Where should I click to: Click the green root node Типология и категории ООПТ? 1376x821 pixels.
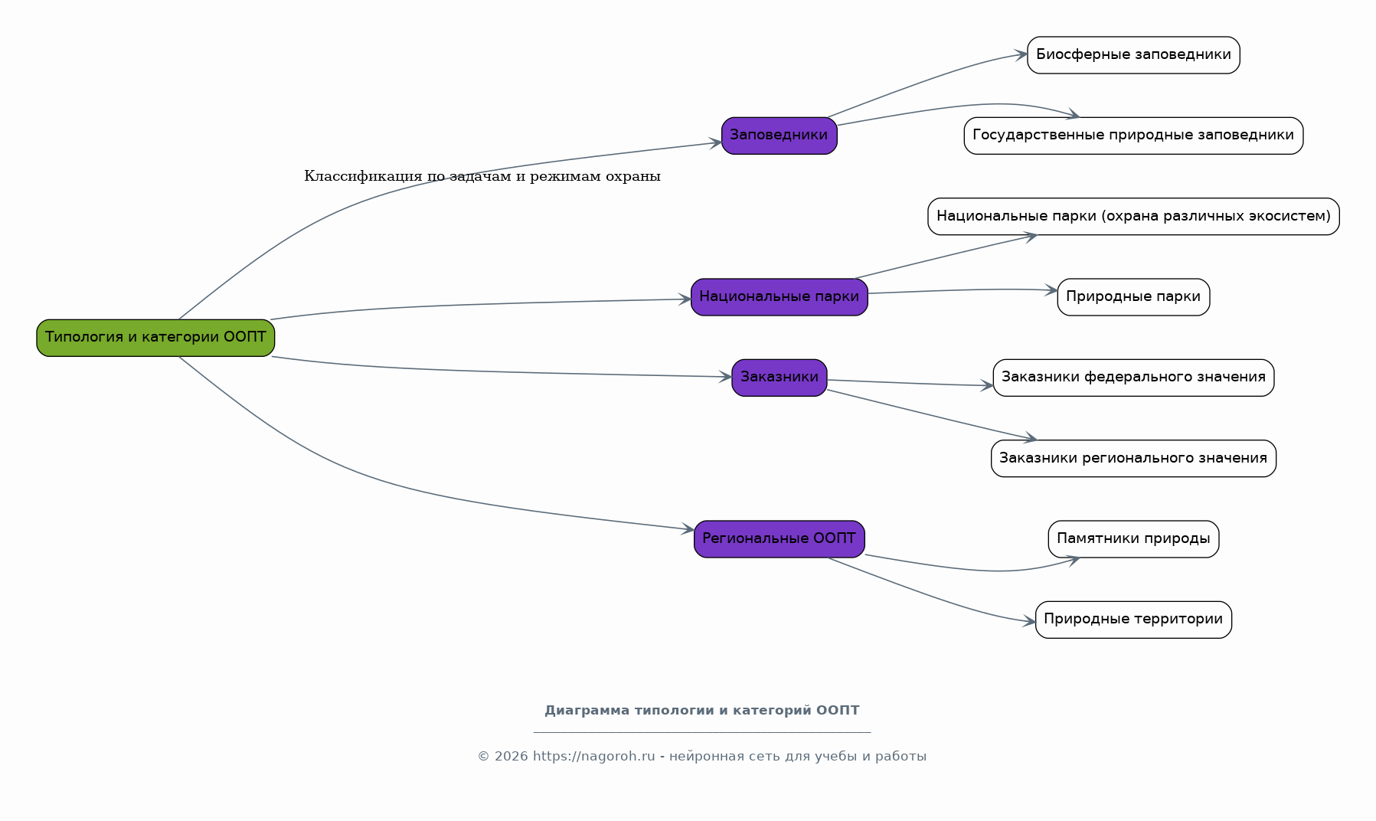tap(155, 338)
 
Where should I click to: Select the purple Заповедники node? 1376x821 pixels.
tap(779, 136)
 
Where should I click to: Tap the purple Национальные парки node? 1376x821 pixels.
tap(779, 297)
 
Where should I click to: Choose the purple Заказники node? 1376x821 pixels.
tap(779, 378)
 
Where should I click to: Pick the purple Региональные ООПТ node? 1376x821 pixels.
tap(779, 539)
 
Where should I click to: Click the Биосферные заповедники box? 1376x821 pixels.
tap(1133, 55)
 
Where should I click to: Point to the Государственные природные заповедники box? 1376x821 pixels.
tap(1133, 136)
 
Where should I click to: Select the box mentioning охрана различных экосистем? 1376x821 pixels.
tap(1133, 217)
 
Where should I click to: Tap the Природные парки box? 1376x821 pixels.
tap(1133, 297)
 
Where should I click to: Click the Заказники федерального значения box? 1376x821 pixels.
tap(1133, 378)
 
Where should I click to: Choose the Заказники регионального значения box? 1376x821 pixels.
tap(1133, 459)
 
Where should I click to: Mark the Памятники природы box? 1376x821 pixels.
tap(1133, 539)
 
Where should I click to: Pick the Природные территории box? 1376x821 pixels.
tap(1133, 620)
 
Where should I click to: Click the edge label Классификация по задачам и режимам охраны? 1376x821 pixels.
tap(482, 176)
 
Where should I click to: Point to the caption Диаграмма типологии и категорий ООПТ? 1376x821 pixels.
tap(702, 711)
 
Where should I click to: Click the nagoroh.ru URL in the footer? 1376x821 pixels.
tap(594, 757)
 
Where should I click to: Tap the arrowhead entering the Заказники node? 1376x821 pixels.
tap(726, 377)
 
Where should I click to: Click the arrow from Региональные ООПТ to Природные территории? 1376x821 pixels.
tap(930, 595)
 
